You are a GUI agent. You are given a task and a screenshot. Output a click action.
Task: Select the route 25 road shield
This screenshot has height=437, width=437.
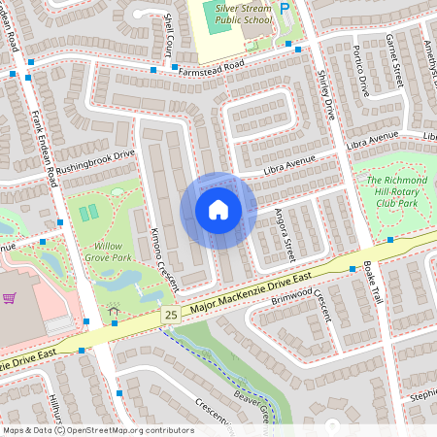pyautogui.click(x=171, y=316)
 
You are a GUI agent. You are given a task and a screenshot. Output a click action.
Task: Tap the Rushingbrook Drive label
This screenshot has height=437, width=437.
pyautogui.click(x=94, y=160)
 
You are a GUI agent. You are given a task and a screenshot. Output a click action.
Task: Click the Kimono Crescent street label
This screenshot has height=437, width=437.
pyautogui.click(x=161, y=253)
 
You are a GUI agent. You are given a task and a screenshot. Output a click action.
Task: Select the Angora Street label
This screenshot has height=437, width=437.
pyautogui.click(x=283, y=234)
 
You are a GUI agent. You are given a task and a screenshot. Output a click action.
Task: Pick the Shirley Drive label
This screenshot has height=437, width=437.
pyautogui.click(x=324, y=93)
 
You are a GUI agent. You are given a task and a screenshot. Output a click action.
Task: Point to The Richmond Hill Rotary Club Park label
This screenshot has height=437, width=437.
pyautogui.click(x=396, y=192)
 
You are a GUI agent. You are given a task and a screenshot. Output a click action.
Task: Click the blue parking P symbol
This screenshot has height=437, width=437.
pyautogui.click(x=285, y=9)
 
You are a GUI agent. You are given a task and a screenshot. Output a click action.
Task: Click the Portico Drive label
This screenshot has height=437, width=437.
pyautogui.click(x=363, y=70)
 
